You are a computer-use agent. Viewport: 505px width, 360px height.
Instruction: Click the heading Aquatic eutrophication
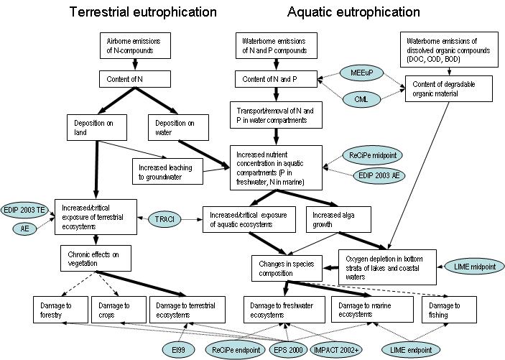(353, 12)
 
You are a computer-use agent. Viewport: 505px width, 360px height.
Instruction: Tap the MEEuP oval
(359, 75)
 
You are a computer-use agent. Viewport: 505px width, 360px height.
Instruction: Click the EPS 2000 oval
(288, 349)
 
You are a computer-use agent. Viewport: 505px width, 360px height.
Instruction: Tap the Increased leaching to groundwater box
(166, 169)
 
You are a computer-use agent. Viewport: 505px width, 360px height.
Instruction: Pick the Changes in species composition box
(281, 269)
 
